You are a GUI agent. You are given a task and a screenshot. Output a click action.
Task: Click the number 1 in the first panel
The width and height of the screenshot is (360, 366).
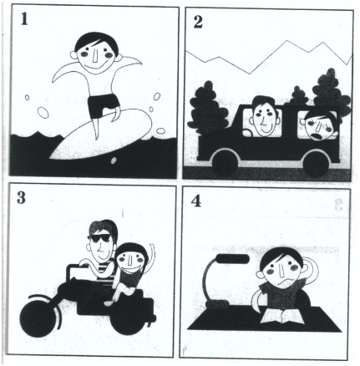click(24, 19)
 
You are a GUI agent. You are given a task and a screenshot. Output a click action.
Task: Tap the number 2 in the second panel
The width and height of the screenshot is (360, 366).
click(198, 23)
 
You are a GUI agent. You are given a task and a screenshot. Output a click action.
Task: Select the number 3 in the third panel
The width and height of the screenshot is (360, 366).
click(21, 197)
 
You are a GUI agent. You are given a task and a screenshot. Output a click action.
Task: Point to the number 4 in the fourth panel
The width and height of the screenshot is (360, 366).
click(196, 201)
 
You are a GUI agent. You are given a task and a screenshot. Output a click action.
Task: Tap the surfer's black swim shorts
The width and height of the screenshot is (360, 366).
click(104, 105)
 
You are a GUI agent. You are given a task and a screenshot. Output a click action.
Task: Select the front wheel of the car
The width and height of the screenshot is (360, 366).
click(225, 163)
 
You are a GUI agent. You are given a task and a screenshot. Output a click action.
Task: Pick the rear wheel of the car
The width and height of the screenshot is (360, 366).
click(317, 165)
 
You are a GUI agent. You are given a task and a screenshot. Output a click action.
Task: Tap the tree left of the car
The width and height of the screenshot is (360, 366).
click(207, 109)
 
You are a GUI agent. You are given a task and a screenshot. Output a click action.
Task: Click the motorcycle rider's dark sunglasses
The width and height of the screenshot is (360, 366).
click(100, 238)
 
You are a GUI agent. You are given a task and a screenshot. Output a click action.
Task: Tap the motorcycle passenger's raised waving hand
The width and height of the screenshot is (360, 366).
click(152, 248)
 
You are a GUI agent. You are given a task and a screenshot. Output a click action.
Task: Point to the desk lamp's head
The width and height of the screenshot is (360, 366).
click(232, 259)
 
